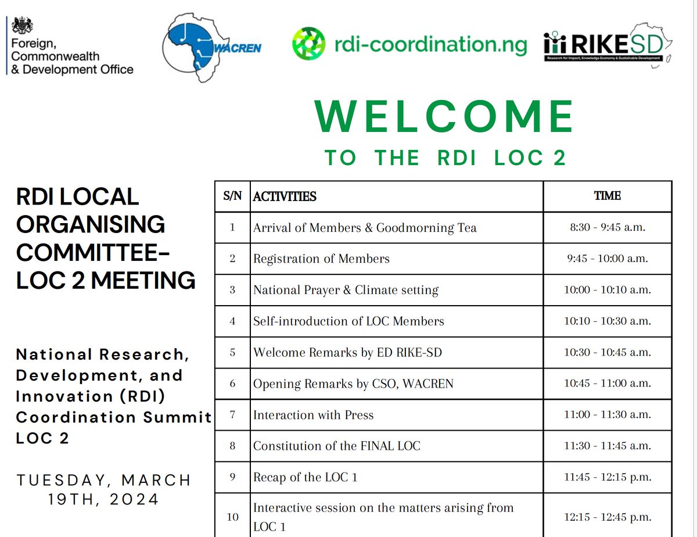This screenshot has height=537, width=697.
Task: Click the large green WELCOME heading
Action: tap(445, 117)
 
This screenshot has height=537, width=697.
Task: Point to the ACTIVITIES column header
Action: tap(285, 196)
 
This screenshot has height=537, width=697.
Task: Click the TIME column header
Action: tap(607, 196)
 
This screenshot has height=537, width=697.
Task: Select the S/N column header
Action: tap(232, 196)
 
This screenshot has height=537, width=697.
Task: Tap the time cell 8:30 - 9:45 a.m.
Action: tap(607, 227)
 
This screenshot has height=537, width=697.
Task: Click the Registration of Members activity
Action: tap(321, 259)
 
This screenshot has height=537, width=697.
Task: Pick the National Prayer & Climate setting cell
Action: tap(346, 290)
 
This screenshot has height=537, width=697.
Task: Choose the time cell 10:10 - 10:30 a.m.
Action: tap(607, 321)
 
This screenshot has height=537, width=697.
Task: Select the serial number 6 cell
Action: tap(232, 384)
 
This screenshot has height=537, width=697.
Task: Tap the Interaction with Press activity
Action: tap(313, 416)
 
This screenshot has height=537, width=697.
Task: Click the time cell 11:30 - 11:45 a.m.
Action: tap(607, 446)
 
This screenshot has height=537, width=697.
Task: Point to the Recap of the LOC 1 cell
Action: tap(305, 478)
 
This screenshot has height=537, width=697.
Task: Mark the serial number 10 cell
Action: tap(232, 515)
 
